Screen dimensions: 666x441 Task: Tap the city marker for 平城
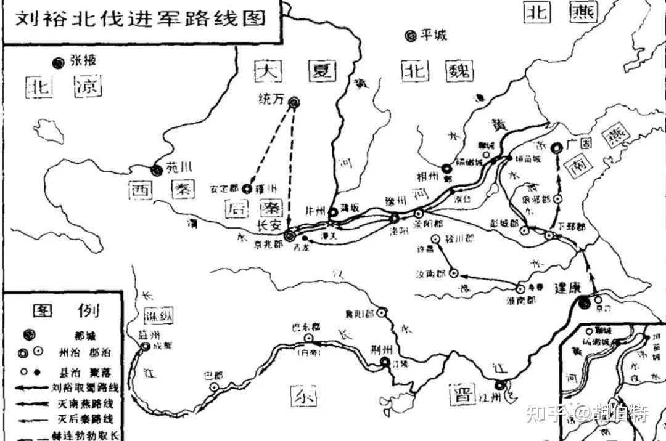tap(410, 36)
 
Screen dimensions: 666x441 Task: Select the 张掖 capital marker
tap(59, 62)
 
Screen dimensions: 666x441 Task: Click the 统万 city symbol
tap(295, 102)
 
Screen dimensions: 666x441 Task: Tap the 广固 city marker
tap(557, 147)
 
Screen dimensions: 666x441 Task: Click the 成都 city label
tap(163, 346)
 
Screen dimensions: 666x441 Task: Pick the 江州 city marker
tap(500, 386)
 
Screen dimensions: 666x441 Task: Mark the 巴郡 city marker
tap(214, 387)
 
